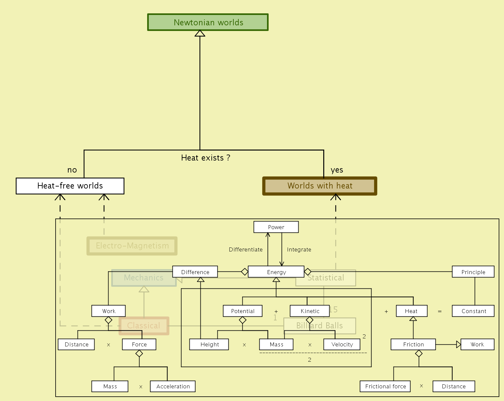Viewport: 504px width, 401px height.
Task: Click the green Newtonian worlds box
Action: point(208,22)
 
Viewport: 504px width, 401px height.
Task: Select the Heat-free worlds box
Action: point(70,186)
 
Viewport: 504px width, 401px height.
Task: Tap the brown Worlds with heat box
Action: point(320,186)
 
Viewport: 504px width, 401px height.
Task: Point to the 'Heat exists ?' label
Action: point(205,158)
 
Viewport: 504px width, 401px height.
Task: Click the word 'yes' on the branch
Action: point(337,170)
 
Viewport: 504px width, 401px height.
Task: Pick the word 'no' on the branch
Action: point(72,170)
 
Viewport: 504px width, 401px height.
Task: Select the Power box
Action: point(276,227)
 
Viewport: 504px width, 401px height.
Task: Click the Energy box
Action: point(276,272)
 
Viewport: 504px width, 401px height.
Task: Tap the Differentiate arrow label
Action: point(246,249)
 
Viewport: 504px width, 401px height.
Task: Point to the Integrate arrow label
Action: point(299,249)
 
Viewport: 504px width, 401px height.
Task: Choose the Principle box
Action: point(473,272)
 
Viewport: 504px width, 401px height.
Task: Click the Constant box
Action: point(473,311)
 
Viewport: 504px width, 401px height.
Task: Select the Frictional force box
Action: point(385,386)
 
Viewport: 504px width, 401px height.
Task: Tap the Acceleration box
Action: point(173,386)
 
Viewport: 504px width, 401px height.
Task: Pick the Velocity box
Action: point(342,344)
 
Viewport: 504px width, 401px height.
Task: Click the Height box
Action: point(209,344)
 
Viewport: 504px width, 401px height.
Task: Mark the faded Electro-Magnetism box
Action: point(132,246)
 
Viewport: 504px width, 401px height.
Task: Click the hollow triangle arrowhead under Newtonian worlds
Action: point(200,33)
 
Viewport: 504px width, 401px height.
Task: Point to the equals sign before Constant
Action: point(440,311)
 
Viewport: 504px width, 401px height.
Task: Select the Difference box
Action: point(195,272)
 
